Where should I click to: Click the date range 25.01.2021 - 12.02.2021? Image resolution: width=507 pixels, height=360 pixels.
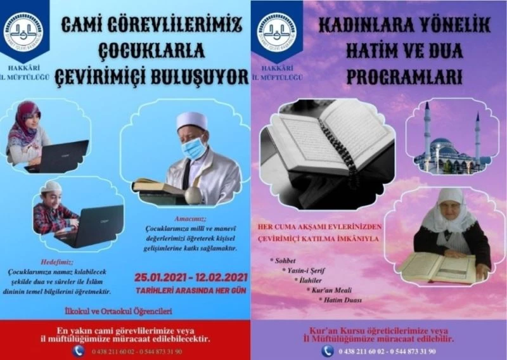coord(189,277)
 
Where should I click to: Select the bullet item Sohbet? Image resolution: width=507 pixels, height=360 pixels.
coord(287,260)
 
